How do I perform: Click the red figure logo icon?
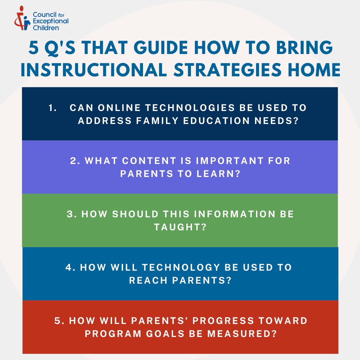pos(22,18)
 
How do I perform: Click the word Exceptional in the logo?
pos(51,21)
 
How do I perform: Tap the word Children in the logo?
pos(46,28)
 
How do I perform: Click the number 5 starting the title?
pos(33,49)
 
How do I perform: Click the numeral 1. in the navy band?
pos(52,108)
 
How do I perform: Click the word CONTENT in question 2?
pos(148,161)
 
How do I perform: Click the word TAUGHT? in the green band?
pos(180,227)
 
